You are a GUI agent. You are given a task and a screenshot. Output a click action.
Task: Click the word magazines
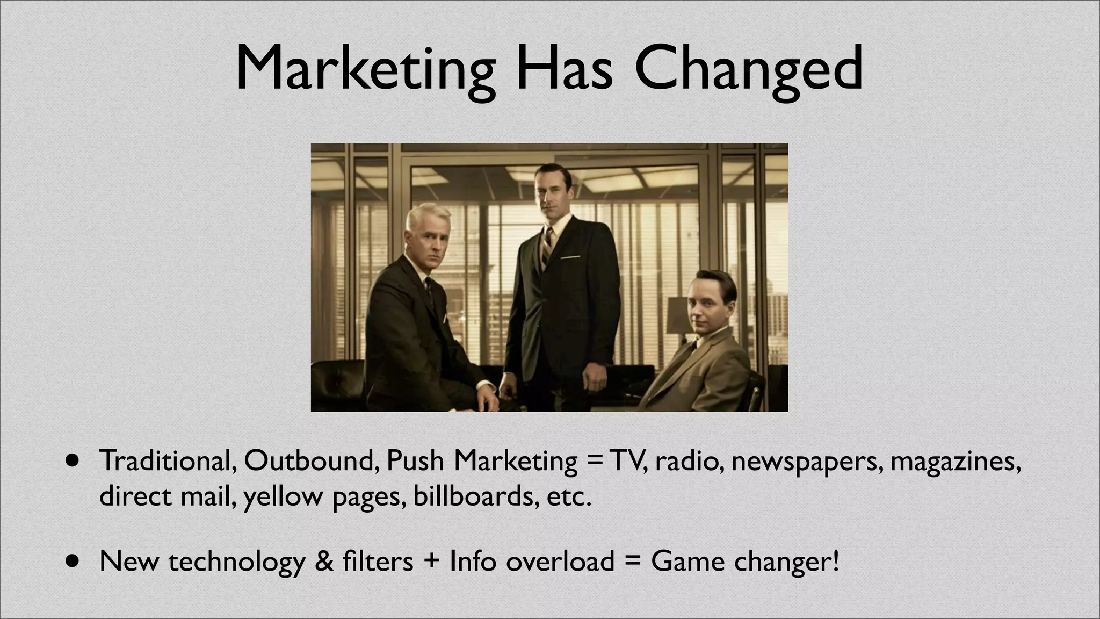(x=955, y=462)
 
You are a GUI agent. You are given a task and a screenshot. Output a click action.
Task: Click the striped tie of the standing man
(x=547, y=245)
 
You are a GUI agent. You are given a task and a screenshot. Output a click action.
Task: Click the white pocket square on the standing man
(x=570, y=257)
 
